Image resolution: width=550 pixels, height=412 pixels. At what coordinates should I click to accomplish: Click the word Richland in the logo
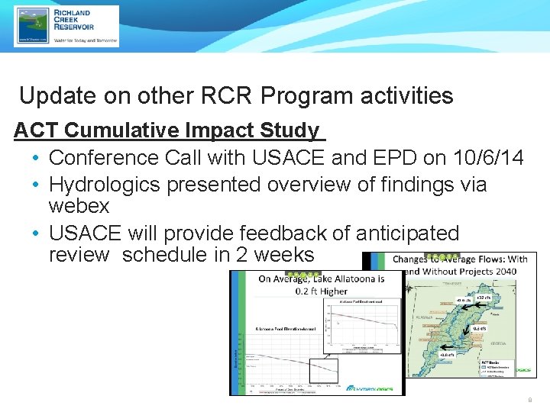coord(73,13)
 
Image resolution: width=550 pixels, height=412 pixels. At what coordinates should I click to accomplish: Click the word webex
coord(79,206)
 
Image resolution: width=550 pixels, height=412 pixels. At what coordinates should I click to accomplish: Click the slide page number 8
coord(529,400)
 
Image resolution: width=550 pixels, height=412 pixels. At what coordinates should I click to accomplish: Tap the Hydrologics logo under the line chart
coord(370,388)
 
